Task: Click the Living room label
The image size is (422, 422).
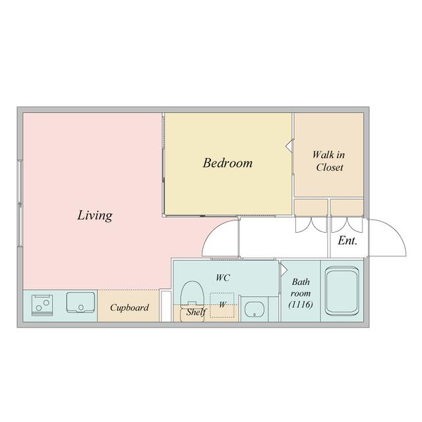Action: (95, 216)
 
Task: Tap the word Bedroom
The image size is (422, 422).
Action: (227, 163)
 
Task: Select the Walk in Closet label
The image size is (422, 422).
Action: (329, 161)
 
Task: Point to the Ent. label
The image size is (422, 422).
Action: (347, 240)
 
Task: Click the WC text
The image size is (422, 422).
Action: (223, 278)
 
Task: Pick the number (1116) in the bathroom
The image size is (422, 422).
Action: (301, 305)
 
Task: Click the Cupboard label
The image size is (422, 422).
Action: (129, 308)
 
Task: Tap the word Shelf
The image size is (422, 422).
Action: (196, 312)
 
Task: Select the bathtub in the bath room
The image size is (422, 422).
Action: (342, 291)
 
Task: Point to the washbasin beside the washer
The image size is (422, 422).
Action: (255, 309)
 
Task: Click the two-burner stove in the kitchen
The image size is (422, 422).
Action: (42, 305)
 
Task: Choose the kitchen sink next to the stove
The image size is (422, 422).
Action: (80, 302)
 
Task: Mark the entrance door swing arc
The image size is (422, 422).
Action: (396, 229)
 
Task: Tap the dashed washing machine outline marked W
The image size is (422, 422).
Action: (222, 305)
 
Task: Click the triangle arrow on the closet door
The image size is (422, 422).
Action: (289, 146)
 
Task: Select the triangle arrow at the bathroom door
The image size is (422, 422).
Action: (284, 270)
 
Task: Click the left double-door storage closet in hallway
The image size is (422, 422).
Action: (311, 216)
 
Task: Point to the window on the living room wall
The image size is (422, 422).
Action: (20, 204)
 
